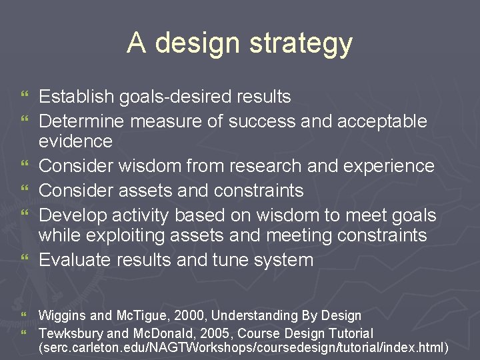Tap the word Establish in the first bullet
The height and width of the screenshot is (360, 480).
[76, 97]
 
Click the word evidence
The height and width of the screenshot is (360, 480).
[75, 141]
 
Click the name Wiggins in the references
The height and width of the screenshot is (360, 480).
[61, 315]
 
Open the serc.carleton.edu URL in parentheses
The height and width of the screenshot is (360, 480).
[243, 349]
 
